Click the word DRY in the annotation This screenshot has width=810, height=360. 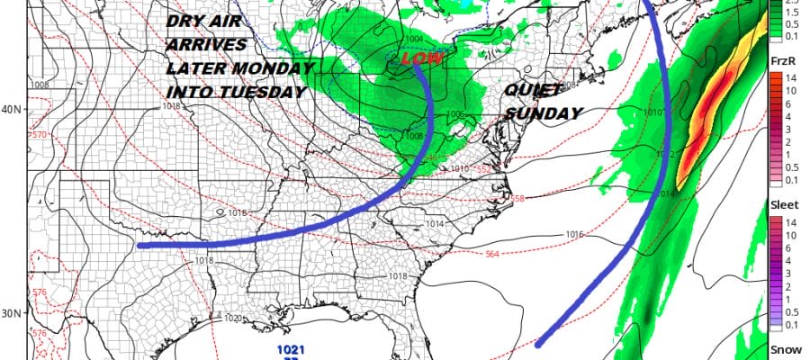pyautogui.click(x=187, y=24)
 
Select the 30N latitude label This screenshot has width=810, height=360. pyautogui.click(x=12, y=313)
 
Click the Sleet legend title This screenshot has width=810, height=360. pyautogui.click(x=782, y=206)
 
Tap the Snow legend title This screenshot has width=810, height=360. pyautogui.click(x=781, y=348)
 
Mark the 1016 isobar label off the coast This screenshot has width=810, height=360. pyautogui.click(x=575, y=234)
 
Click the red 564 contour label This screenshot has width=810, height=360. pyautogui.click(x=493, y=254)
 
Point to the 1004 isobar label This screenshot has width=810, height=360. pyautogui.click(x=413, y=39)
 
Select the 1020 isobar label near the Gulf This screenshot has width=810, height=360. pyautogui.click(x=231, y=319)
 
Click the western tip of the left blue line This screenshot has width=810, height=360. pyautogui.click(x=140, y=245)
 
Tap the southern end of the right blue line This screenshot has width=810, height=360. pyautogui.click(x=539, y=343)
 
